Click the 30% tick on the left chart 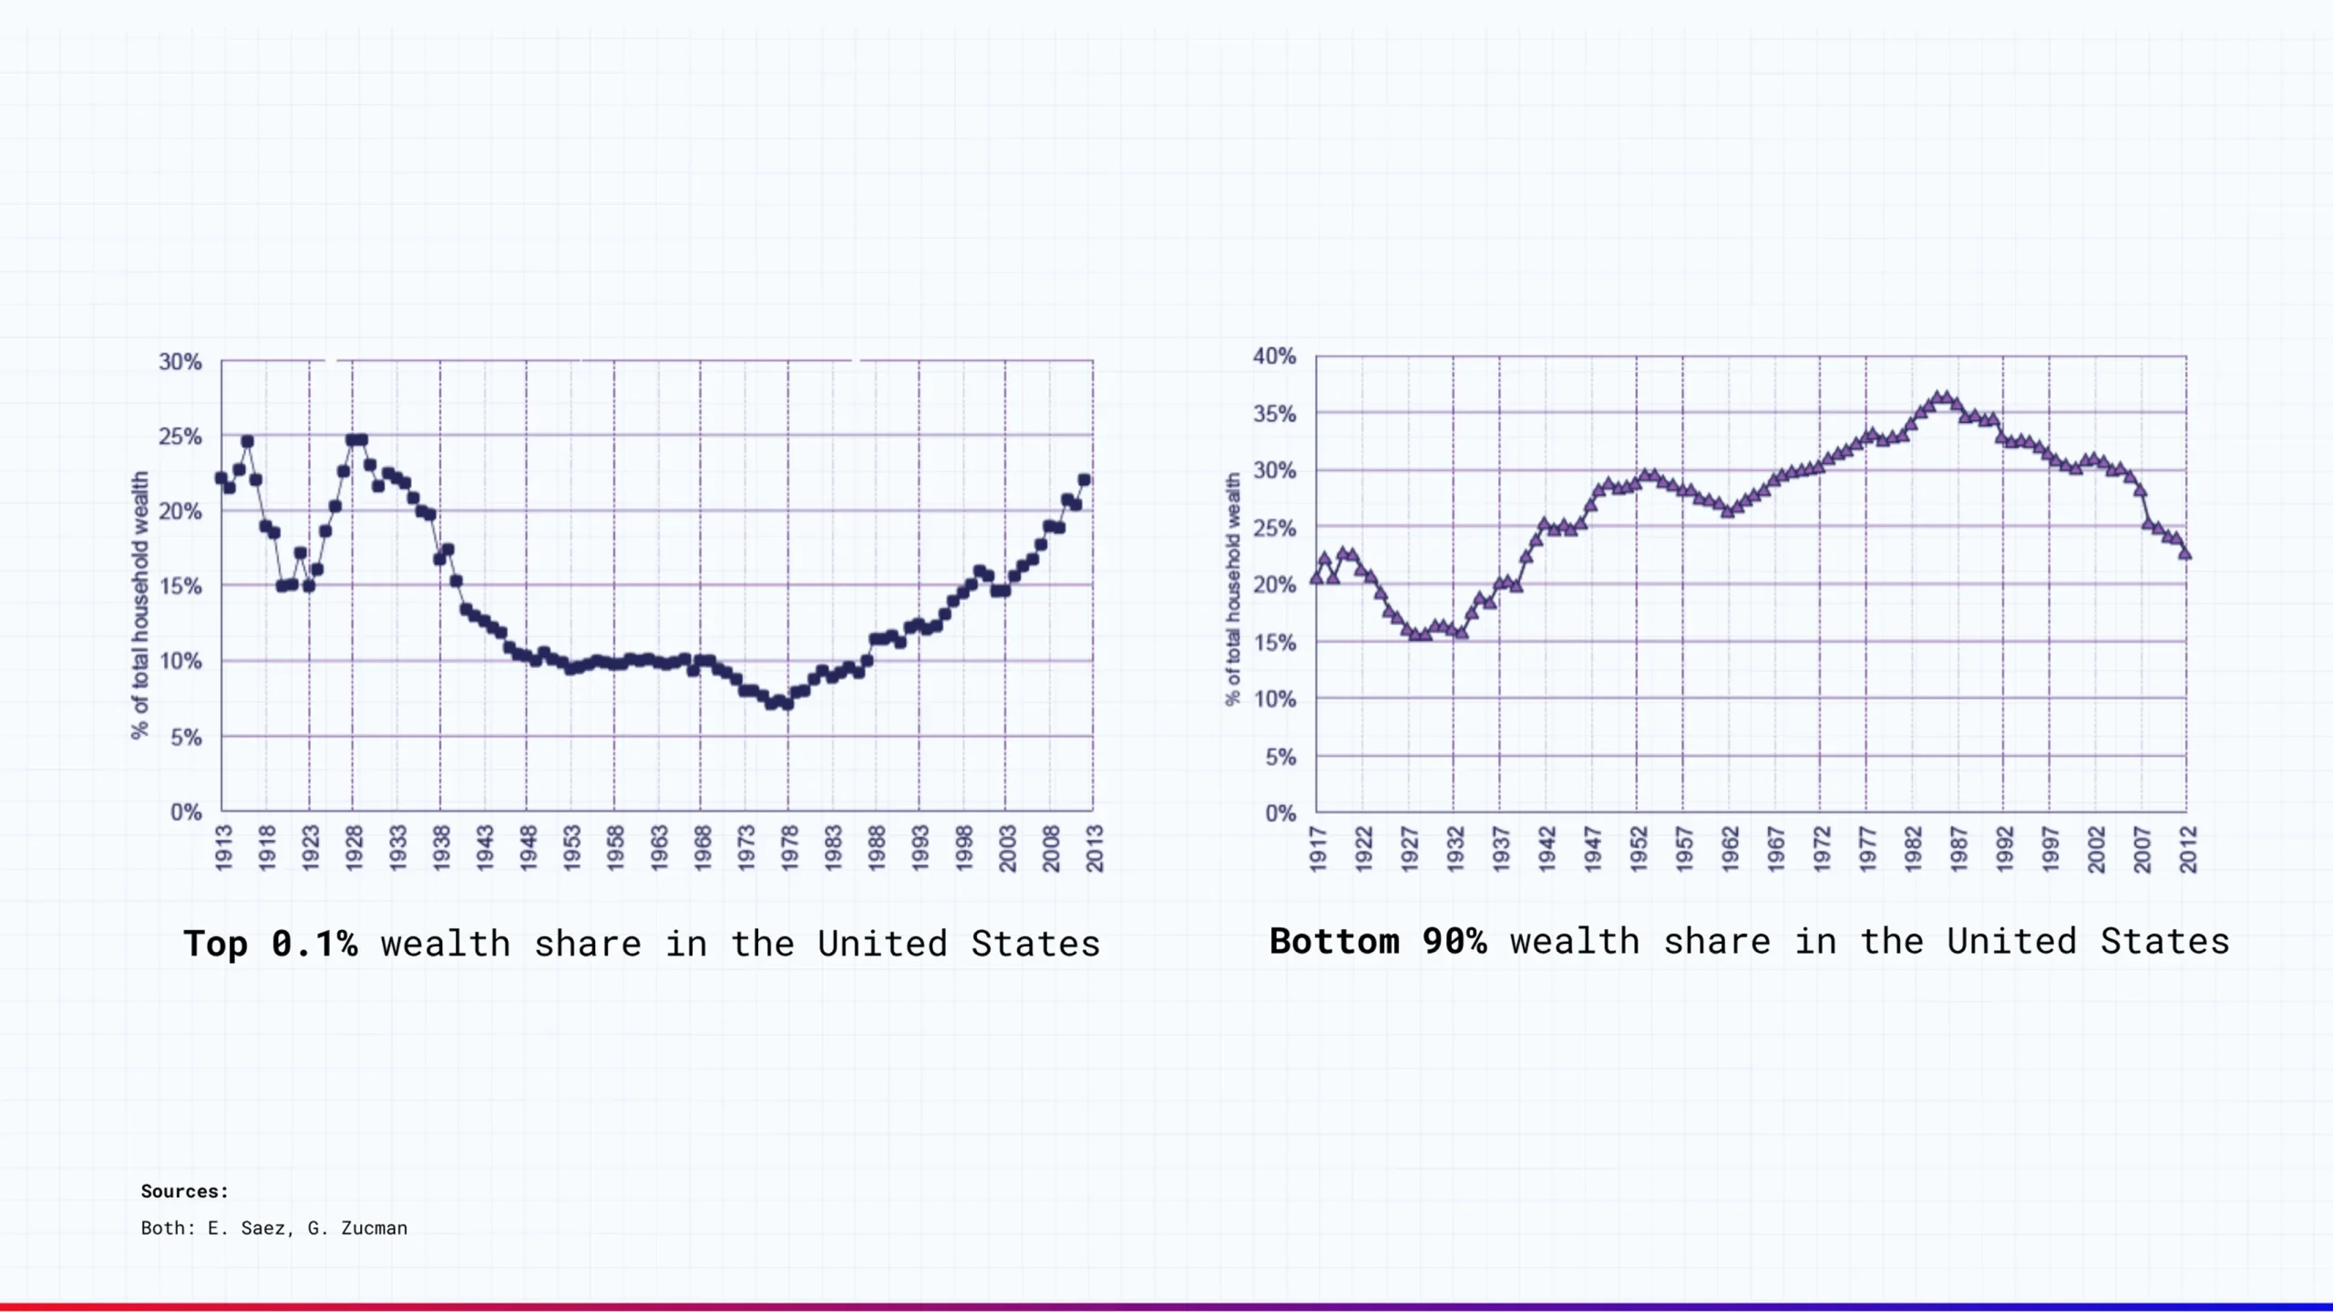pyautogui.click(x=180, y=362)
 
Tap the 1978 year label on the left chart pyautogui.click(x=790, y=848)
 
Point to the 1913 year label pyautogui.click(x=224, y=848)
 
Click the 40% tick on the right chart pyautogui.click(x=1274, y=356)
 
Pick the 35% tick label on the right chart pyautogui.click(x=1274, y=414)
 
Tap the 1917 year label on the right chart pyautogui.click(x=1319, y=849)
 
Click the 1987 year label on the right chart pyautogui.click(x=1959, y=849)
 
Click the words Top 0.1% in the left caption pyautogui.click(x=271, y=944)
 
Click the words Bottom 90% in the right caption pyautogui.click(x=1378, y=941)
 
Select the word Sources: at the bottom pyautogui.click(x=184, y=1191)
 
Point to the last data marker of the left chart pyautogui.click(x=1084, y=480)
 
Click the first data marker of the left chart pyautogui.click(x=221, y=478)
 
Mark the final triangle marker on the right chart pyautogui.click(x=2184, y=553)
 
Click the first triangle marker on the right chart pyautogui.click(x=1316, y=578)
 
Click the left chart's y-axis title pyautogui.click(x=139, y=604)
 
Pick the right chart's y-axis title pyautogui.click(x=1233, y=589)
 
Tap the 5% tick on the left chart pyautogui.click(x=186, y=737)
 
